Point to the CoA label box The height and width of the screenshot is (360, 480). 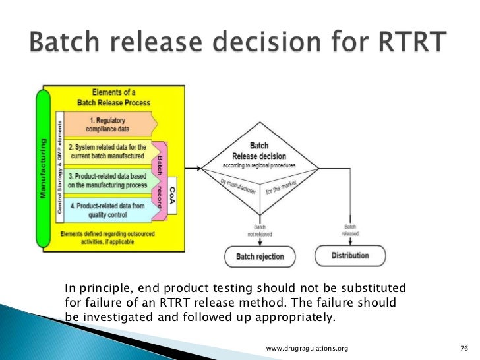[x=172, y=196]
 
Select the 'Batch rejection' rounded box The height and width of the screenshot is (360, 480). [x=260, y=256]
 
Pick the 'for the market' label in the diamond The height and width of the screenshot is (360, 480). [x=281, y=184]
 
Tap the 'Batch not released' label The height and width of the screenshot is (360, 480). [x=260, y=228]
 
